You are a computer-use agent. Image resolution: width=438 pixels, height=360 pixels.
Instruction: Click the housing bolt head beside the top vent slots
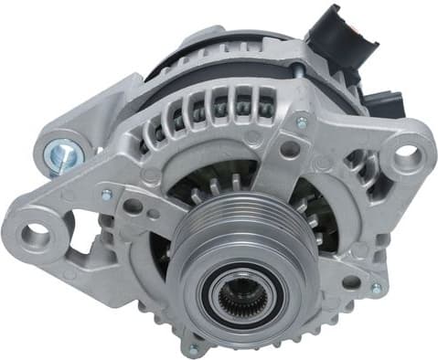click(x=302, y=122)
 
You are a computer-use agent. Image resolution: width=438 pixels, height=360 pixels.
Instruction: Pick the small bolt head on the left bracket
click(x=107, y=195)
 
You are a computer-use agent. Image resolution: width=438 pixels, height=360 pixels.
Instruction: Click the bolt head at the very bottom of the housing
click(x=192, y=347)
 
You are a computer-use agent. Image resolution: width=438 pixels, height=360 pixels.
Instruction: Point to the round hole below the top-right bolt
click(x=291, y=148)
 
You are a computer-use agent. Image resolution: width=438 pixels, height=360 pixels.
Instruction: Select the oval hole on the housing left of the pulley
click(x=133, y=206)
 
